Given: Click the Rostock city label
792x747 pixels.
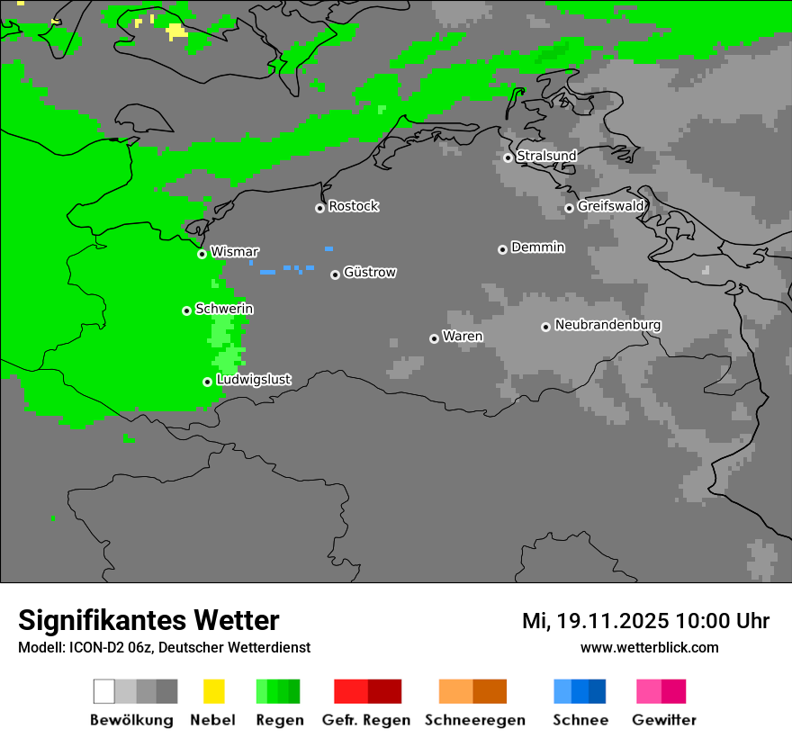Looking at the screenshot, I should [354, 206].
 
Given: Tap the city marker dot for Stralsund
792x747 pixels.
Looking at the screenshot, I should [508, 157].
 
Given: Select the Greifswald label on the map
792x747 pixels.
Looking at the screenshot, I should [611, 206].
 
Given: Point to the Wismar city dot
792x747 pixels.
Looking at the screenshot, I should [202, 254].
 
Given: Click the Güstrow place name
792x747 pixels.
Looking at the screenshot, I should [370, 272].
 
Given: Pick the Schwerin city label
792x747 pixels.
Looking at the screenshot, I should [224, 309].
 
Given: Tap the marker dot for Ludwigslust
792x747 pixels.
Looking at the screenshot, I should [207, 382].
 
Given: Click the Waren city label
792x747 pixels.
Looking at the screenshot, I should [463, 337].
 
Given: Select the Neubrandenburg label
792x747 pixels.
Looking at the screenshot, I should [608, 325].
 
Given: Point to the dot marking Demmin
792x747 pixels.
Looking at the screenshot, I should [502, 249].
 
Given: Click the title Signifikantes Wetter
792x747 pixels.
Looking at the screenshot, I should [148, 620].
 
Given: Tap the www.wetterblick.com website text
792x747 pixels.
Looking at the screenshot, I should [649, 647].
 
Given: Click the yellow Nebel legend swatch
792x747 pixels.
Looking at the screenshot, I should [213, 691].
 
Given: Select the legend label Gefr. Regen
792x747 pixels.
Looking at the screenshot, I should [365, 720].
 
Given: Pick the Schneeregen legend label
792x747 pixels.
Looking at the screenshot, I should [474, 720].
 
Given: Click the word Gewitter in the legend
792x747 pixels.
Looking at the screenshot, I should [664, 720].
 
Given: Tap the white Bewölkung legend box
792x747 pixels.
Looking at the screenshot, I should [104, 691].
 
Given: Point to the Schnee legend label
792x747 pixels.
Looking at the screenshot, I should [580, 720].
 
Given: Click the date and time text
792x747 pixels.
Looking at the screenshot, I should [645, 621].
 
